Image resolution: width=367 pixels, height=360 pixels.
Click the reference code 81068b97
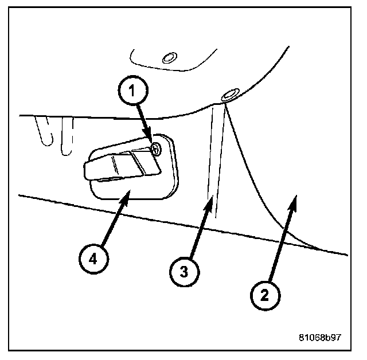click(319, 336)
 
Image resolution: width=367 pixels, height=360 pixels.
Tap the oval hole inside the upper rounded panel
click(168, 57)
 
